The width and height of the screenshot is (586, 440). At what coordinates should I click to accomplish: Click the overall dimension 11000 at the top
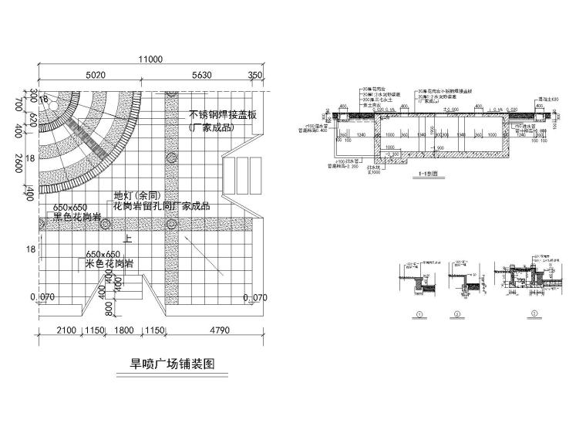pyautogui.click(x=150, y=60)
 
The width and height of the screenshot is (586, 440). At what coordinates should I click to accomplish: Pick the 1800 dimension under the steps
pyautogui.click(x=126, y=333)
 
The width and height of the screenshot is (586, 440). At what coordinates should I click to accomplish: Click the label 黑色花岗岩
pyautogui.click(x=78, y=218)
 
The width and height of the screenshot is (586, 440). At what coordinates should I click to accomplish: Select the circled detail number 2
pyautogui.click(x=456, y=314)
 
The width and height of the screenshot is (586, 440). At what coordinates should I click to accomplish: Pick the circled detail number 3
pyautogui.click(x=534, y=314)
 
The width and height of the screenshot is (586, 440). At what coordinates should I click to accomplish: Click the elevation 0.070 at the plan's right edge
pyautogui.click(x=254, y=297)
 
